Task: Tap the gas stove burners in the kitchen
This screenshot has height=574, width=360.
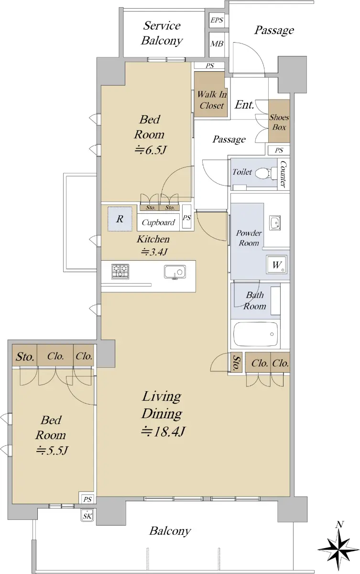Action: (x=120, y=272)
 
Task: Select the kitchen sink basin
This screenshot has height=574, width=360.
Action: (x=175, y=272)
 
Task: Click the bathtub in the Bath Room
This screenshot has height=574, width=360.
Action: (x=256, y=334)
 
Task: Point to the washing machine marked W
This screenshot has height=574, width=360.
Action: (x=276, y=265)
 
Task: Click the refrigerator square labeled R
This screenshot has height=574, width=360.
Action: (x=120, y=219)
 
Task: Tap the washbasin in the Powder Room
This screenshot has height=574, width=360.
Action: (x=275, y=223)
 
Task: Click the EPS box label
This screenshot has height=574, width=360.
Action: (x=217, y=20)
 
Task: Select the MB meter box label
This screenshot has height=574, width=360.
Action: (x=217, y=44)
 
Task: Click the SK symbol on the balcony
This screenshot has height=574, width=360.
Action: (x=87, y=516)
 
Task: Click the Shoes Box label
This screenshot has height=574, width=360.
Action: (x=279, y=122)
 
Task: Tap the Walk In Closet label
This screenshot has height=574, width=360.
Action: (x=212, y=100)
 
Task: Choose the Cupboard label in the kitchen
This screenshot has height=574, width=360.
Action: (x=158, y=222)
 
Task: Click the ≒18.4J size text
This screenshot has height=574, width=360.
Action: (x=163, y=431)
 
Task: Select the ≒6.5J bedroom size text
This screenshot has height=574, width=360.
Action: (x=151, y=150)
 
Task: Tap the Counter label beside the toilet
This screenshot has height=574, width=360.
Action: (x=283, y=174)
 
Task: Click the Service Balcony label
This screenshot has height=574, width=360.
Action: (x=162, y=33)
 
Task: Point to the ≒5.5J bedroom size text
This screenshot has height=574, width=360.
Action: (x=52, y=450)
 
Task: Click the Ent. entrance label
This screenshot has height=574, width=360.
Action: (x=244, y=105)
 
